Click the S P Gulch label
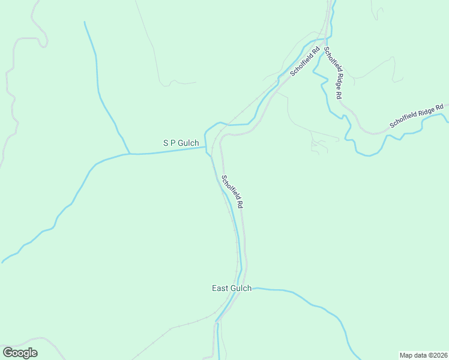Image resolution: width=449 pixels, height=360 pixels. [181, 143]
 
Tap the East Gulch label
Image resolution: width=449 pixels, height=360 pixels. [232, 288]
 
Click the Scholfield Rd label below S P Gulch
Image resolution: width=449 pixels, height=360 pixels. [232, 191]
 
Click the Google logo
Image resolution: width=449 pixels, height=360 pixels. [20, 353]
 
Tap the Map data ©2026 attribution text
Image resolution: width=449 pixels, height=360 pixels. [423, 355]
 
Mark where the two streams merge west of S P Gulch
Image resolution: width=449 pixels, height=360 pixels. [129, 154]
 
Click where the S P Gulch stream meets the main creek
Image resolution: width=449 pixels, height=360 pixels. [206, 148]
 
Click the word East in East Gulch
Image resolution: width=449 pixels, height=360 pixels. [220, 288]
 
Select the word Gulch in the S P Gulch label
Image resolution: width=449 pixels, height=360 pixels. [188, 143]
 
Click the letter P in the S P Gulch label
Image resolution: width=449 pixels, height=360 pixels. [173, 143]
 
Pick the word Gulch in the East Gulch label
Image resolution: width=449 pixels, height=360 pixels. [241, 288]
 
